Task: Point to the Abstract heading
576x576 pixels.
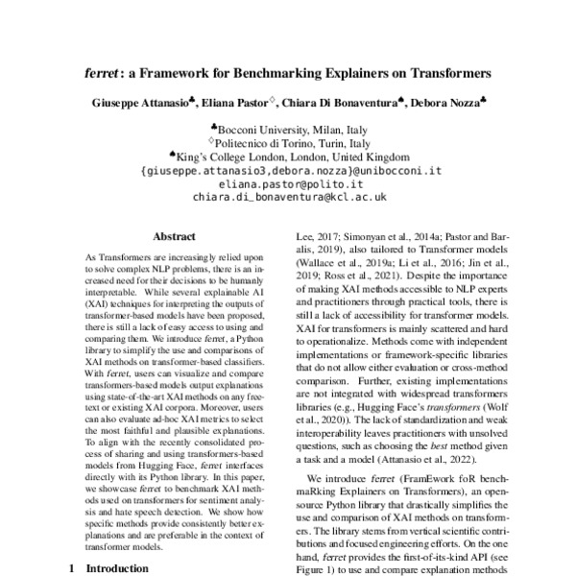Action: coord(175,233)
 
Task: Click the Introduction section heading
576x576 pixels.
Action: coord(118,567)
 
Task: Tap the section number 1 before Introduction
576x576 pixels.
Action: coord(74,567)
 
